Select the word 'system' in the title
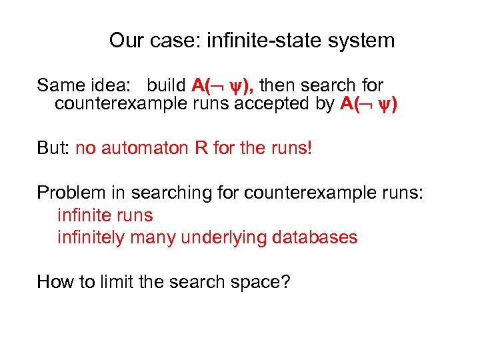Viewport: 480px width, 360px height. pyautogui.click(x=365, y=41)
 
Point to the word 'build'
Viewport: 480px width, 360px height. pyautogui.click(x=167, y=85)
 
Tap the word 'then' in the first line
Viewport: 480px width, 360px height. pyautogui.click(x=278, y=85)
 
